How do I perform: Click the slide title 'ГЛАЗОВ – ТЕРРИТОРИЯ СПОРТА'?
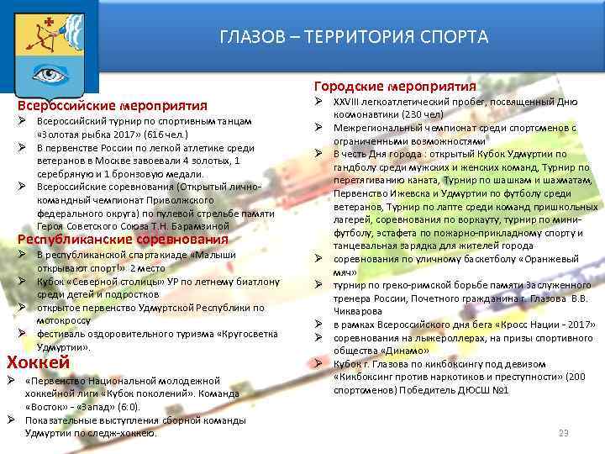pyautogui.click(x=353, y=37)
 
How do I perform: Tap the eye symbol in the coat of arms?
pyautogui.click(x=49, y=73)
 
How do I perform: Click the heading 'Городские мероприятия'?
pyautogui.click(x=395, y=87)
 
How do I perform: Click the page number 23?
pyautogui.click(x=564, y=432)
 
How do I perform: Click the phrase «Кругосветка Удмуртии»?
pyautogui.click(x=244, y=334)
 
